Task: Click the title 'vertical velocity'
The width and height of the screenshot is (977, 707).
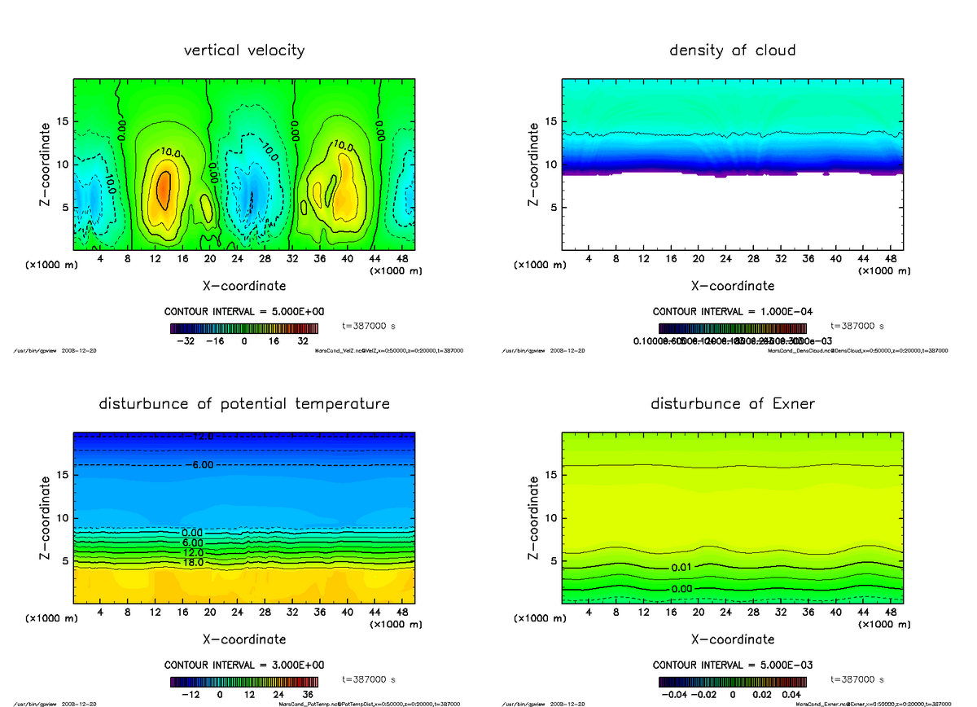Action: tap(244, 50)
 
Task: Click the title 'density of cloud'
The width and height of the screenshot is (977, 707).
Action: tap(732, 50)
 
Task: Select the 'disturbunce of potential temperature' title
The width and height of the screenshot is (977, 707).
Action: tap(244, 404)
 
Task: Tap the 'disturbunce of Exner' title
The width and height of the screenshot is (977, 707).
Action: tap(732, 404)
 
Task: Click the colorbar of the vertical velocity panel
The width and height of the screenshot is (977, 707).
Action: tap(244, 328)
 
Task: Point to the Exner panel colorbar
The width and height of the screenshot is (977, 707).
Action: tap(732, 681)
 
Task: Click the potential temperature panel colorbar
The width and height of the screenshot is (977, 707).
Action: tap(244, 681)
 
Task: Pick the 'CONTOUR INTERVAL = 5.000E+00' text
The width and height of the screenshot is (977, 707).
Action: tap(244, 312)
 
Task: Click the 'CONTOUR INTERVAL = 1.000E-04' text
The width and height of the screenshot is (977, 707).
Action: tap(732, 312)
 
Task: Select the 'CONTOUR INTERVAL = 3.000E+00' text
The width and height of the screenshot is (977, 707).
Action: tap(244, 665)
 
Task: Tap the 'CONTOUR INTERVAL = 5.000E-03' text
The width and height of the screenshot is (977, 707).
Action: tap(732, 665)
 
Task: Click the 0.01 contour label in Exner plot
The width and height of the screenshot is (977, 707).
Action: tap(681, 567)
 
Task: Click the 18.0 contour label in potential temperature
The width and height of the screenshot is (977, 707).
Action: tap(193, 562)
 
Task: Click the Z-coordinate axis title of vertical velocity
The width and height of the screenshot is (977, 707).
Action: tap(46, 164)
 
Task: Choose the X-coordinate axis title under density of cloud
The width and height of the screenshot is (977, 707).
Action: tap(732, 286)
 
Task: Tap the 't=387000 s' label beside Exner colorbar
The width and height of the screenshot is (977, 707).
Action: tap(857, 678)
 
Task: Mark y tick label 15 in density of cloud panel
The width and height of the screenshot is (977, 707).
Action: tap(550, 121)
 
